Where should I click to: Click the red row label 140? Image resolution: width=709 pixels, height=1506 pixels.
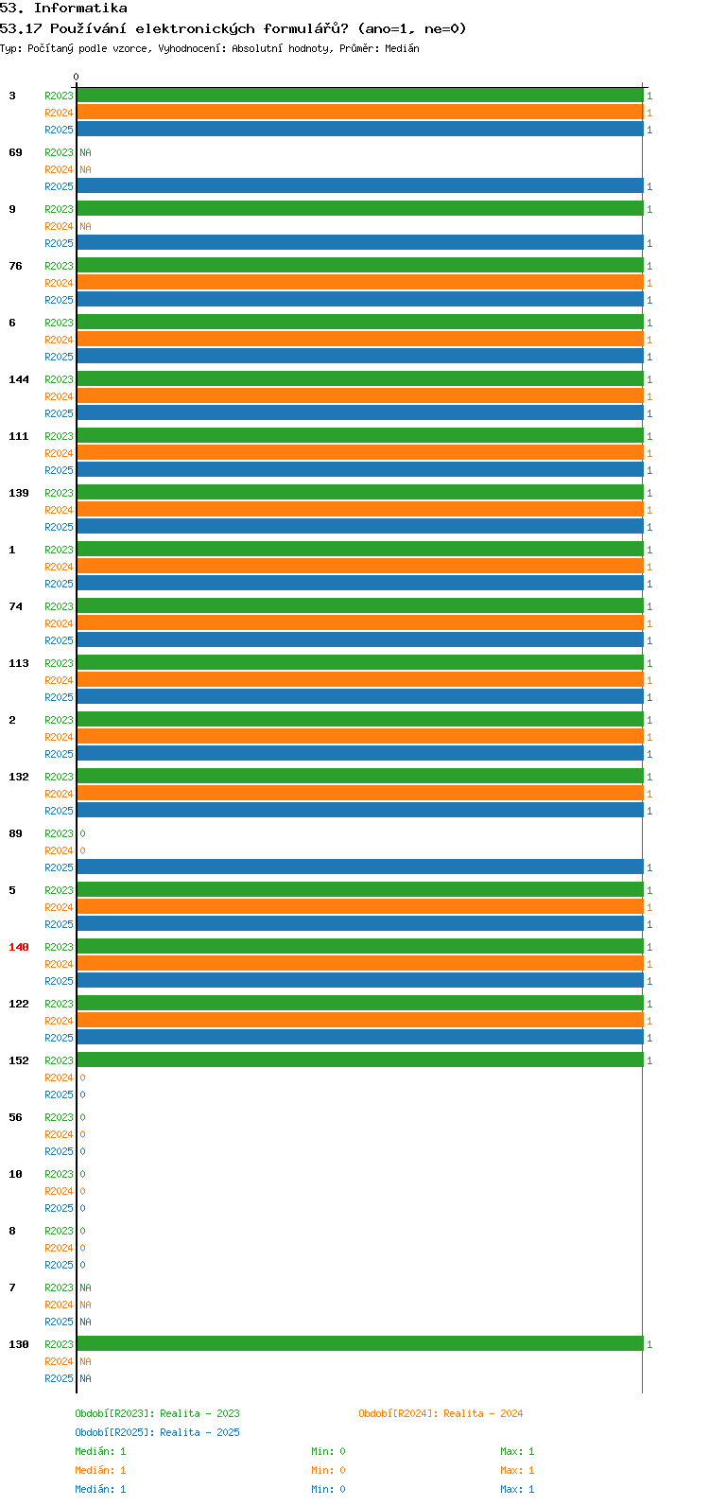[19, 947]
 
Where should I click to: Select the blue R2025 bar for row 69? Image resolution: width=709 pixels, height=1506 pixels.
[360, 185]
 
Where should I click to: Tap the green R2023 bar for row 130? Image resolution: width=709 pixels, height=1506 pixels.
[360, 1343]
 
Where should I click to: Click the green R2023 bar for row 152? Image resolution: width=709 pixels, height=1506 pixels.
[360, 1059]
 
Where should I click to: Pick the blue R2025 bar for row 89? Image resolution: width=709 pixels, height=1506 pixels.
[360, 867]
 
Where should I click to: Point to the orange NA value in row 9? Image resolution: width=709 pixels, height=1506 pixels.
[85, 227]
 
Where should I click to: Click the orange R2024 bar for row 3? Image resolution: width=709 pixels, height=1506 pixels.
[360, 113]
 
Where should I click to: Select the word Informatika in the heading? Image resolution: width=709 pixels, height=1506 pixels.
[80, 9]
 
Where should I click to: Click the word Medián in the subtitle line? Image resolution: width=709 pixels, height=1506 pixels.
[402, 48]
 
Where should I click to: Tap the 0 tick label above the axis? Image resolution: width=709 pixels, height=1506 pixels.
[76, 77]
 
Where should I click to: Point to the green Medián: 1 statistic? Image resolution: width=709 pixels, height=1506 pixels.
[100, 1451]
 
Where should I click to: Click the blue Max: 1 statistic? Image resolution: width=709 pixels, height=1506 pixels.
[517, 1489]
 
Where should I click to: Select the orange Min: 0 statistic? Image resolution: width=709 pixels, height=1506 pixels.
[328, 1470]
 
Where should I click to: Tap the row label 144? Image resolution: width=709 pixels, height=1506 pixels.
[19, 379]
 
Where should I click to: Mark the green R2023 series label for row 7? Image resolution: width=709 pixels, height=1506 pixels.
[59, 1287]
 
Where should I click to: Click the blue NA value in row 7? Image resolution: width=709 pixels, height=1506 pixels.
[85, 1322]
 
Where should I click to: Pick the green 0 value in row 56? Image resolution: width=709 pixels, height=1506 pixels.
[82, 1116]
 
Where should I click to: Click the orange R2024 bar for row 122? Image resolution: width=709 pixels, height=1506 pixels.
[360, 1020]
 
